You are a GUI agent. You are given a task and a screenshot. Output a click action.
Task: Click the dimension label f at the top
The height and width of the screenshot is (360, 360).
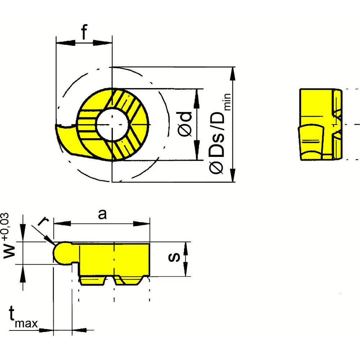point(84,33)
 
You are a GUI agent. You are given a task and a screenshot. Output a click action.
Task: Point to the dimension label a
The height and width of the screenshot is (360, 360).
point(103,215)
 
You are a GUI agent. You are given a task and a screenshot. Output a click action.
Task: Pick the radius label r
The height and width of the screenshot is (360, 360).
point(43,221)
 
